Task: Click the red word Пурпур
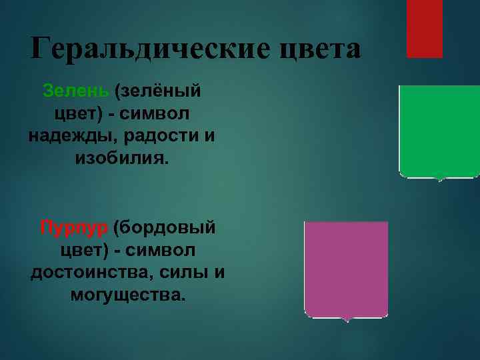73,228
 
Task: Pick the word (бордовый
165,228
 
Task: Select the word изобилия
123,159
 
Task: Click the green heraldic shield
439,130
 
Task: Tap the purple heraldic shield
345,267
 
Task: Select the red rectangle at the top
425,28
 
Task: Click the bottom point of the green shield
439,180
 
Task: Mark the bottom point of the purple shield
346,321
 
